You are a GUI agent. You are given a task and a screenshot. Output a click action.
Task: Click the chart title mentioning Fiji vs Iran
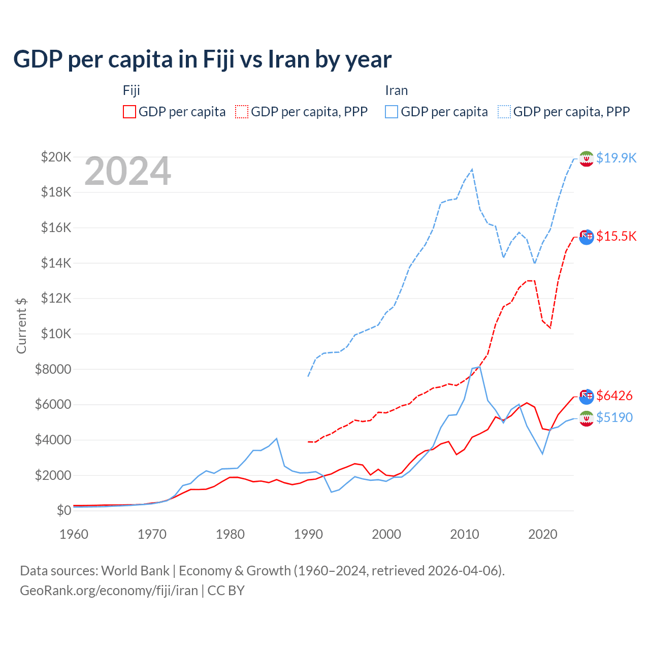[x=202, y=59]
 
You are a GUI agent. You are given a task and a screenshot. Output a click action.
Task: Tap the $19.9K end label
[x=616, y=158]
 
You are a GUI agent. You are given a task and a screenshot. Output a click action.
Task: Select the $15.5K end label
[x=616, y=236]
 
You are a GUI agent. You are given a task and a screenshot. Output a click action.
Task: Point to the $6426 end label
[x=614, y=396]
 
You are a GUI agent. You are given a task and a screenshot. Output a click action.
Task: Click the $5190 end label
[x=614, y=417]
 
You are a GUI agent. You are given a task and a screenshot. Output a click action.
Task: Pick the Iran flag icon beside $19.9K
[x=587, y=158]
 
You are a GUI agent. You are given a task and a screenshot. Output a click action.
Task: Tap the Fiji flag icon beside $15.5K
[x=587, y=237]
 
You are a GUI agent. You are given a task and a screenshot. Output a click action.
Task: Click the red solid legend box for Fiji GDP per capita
[x=129, y=112]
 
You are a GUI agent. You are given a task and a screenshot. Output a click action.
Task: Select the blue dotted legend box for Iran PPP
[x=504, y=112]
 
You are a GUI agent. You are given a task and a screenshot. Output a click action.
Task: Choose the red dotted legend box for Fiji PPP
[x=242, y=112]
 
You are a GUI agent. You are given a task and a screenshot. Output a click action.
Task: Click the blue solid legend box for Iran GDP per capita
[x=392, y=112]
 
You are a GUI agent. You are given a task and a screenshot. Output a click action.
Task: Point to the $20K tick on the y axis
[x=56, y=157]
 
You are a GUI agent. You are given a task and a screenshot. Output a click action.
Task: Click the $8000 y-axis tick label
[x=53, y=369]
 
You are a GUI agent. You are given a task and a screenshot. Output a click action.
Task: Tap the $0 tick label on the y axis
[x=63, y=510]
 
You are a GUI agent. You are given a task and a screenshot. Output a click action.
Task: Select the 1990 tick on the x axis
[x=308, y=534]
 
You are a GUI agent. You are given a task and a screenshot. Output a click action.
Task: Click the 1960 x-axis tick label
[x=74, y=534]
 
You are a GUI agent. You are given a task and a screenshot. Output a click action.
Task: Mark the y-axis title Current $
[x=21, y=326]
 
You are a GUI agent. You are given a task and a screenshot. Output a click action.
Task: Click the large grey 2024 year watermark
[x=127, y=172]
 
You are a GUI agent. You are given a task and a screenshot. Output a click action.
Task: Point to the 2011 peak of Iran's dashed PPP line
[x=472, y=169]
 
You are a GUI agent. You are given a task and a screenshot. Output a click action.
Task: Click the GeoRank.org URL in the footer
[x=109, y=591]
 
